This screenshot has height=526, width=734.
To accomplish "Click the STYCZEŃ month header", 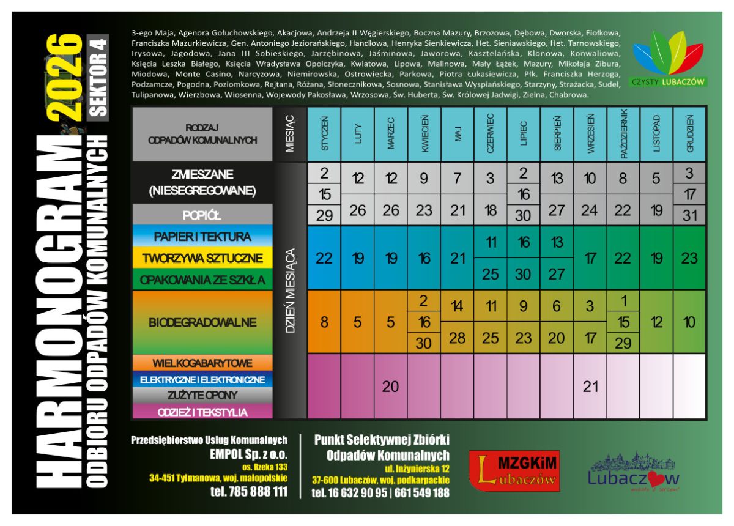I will [324, 134].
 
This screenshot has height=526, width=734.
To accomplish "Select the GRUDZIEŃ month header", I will [689, 134].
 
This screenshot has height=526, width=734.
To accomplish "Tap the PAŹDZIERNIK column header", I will [623, 134].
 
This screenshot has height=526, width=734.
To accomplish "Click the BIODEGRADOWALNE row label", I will [202, 322].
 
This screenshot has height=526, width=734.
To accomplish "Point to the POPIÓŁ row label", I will [202, 216].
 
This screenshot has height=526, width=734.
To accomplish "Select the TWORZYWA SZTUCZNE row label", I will [202, 258].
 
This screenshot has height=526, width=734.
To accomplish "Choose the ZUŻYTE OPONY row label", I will [202, 396].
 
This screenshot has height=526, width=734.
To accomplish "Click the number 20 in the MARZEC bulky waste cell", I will [390, 387].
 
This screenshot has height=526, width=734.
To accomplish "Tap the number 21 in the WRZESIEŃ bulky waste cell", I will [590, 387].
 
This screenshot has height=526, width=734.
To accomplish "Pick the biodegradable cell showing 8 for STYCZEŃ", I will [324, 322].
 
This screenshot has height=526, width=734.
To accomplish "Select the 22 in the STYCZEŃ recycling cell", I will [324, 258].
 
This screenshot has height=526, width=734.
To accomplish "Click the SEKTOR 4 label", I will [98, 77].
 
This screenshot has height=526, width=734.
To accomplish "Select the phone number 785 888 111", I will [249, 492].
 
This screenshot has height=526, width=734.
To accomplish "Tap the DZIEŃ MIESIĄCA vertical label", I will [291, 290].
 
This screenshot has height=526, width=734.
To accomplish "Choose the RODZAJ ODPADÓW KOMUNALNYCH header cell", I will [202, 134].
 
